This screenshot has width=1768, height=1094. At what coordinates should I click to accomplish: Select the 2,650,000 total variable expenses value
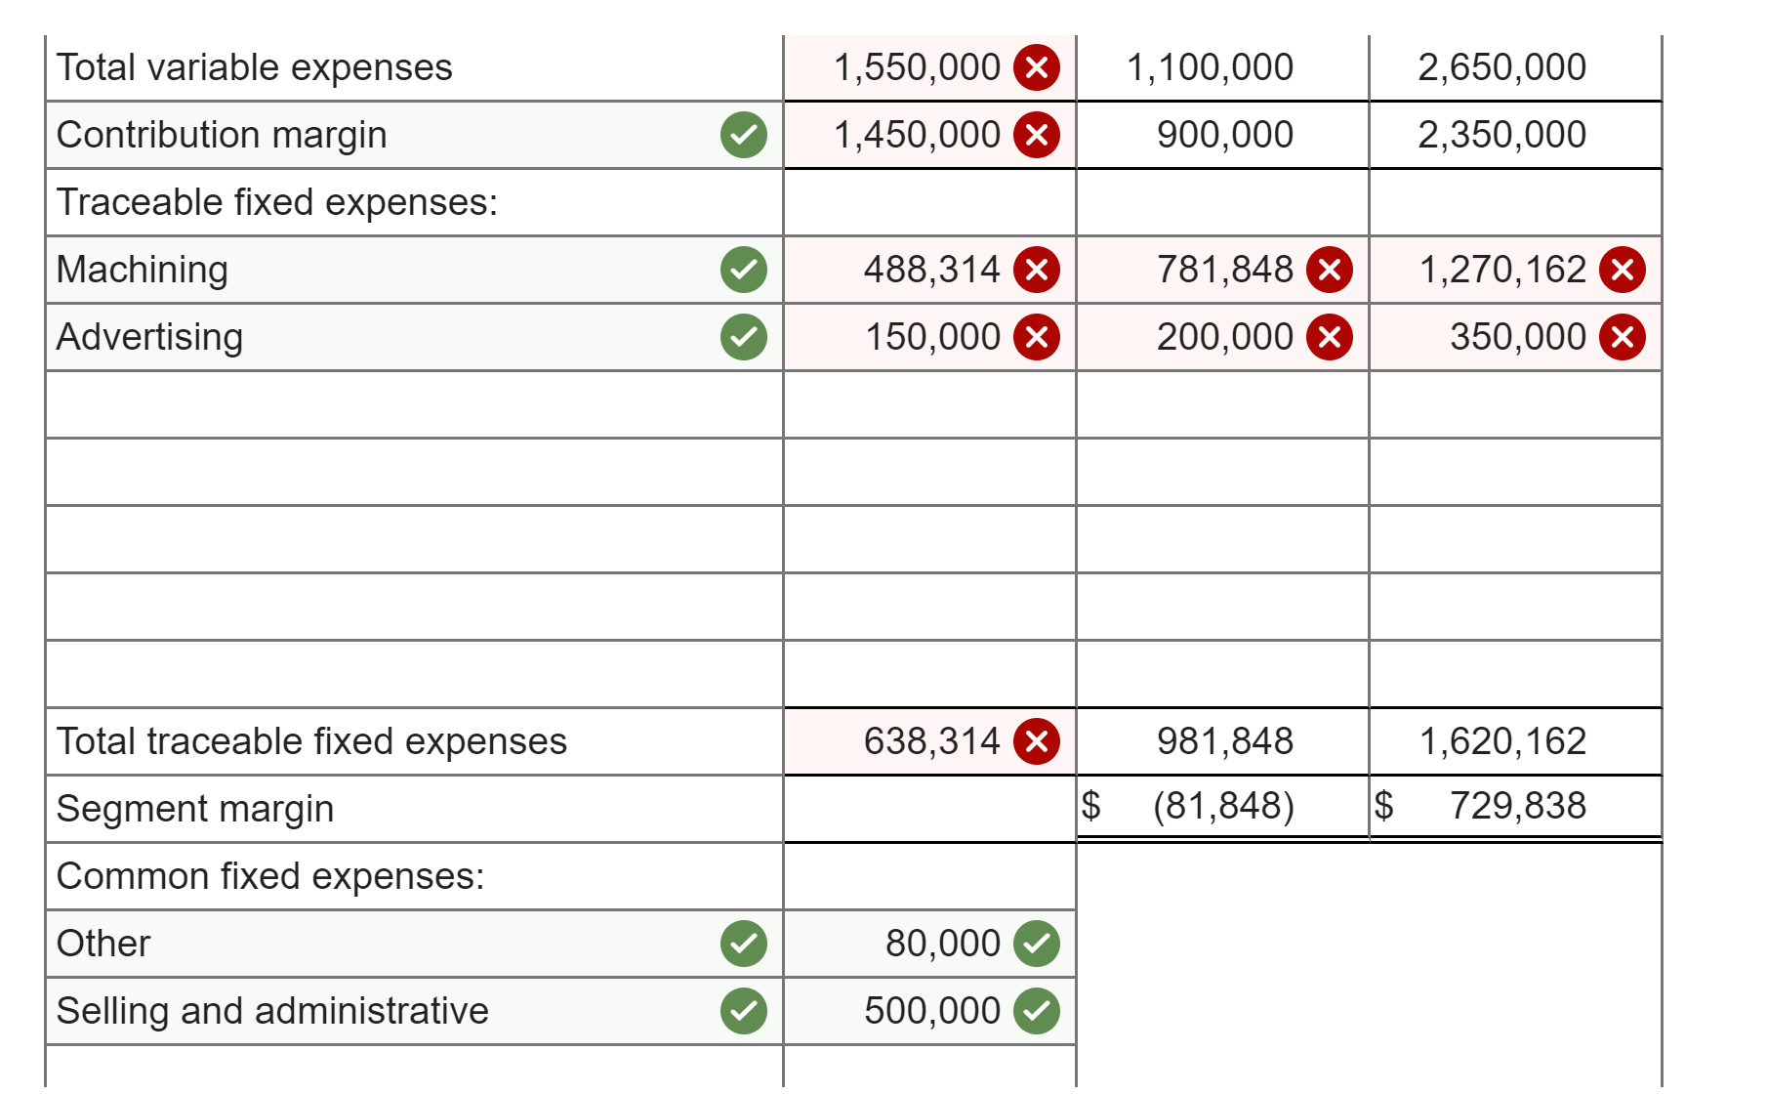[1501, 67]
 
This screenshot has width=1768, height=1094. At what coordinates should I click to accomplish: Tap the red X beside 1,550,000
[1037, 67]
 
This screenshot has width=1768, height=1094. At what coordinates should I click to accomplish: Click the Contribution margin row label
[222, 135]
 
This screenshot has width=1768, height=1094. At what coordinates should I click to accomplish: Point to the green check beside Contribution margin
[744, 135]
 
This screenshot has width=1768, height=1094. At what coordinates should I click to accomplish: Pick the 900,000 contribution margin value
[1224, 135]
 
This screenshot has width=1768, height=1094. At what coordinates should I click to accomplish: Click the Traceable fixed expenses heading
[277, 202]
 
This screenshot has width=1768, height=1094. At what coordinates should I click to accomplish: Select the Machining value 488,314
[931, 270]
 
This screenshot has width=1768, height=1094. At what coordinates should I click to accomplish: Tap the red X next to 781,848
[1330, 270]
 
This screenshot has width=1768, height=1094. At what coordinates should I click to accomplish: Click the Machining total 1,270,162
[1501, 270]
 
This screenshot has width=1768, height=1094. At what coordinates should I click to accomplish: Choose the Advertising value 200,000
[1224, 337]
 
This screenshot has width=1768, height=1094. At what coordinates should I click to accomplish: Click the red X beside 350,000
[1623, 337]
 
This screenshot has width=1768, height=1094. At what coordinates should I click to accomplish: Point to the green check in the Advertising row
[744, 337]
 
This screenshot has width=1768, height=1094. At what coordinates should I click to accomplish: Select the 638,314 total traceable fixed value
[931, 741]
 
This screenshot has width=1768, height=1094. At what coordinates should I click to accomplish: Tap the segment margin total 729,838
[1517, 806]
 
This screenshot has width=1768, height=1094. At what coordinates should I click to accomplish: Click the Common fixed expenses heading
[270, 876]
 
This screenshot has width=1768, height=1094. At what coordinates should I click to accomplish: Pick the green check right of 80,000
[1037, 944]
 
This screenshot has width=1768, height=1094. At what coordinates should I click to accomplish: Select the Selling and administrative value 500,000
[931, 1011]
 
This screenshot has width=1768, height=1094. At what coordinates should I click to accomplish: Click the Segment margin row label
[195, 809]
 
